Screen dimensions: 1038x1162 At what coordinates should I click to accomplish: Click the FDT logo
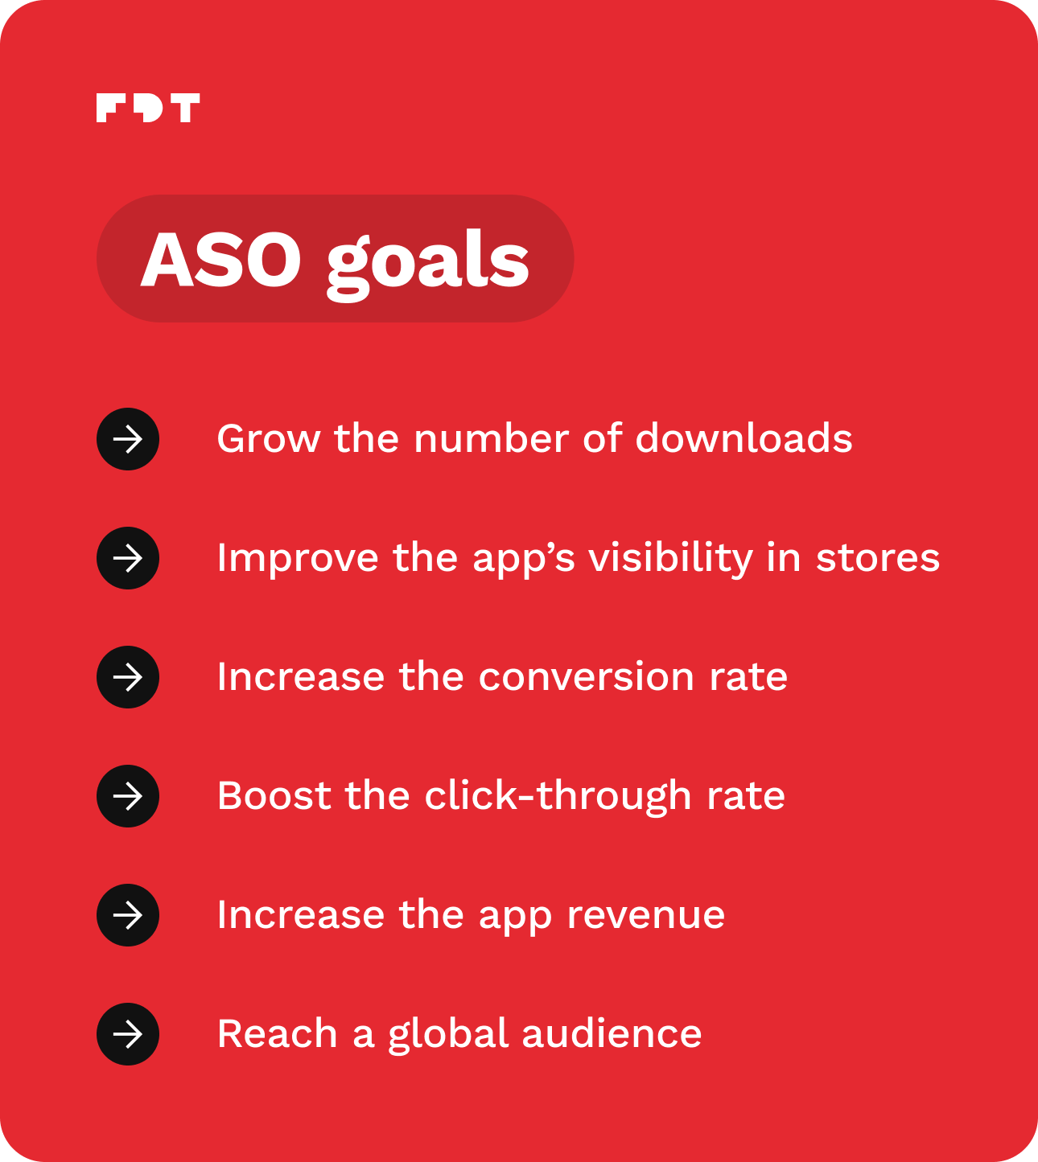[148, 108]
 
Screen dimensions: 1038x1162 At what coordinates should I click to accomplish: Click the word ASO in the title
[221, 259]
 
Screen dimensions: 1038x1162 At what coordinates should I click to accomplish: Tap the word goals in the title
[427, 264]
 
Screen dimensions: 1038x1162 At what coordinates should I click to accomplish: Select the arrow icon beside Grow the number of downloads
[128, 439]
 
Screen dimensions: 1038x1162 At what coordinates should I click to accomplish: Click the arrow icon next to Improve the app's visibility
[128, 558]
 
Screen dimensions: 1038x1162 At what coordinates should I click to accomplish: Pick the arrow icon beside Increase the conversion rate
[128, 677]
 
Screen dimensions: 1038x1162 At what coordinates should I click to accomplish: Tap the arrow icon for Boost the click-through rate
[128, 796]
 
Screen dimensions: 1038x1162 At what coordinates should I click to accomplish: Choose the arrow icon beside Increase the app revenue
[128, 915]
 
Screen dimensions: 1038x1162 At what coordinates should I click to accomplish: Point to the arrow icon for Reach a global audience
[128, 1034]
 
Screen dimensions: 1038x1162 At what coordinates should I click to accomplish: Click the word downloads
[743, 438]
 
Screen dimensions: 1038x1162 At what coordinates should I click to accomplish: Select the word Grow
[269, 439]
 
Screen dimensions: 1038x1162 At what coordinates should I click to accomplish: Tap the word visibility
[670, 559]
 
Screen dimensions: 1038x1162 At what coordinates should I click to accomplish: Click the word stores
[878, 558]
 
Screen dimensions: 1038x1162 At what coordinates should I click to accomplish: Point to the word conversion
[587, 677]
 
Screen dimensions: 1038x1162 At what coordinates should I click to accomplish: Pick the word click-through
[558, 796]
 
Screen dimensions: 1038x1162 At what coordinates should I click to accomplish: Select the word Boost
[274, 796]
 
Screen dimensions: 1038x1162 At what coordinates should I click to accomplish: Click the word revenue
[646, 916]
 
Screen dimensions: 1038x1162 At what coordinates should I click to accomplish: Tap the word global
[449, 1035]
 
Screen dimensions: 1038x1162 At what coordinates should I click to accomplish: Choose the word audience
[612, 1033]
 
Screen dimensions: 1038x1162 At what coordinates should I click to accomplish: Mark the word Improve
[298, 559]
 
